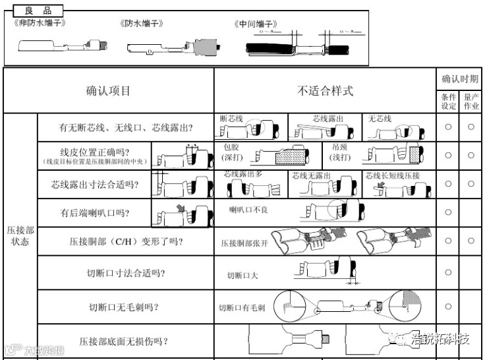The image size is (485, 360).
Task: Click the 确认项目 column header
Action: coord(109,91)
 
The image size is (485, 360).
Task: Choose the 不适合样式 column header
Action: coord(325,91)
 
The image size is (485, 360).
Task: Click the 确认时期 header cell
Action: coord(460,79)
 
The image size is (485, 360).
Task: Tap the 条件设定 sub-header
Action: coord(449,101)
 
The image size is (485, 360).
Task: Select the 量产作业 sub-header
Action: coord(471,101)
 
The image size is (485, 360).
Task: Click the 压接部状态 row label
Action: coord(20,235)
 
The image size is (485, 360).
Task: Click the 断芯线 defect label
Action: coord(232,119)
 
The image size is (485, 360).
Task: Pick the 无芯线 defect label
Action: coord(380,119)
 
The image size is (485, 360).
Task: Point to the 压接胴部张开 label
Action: coord(245,243)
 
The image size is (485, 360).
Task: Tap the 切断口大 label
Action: coord(242,276)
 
